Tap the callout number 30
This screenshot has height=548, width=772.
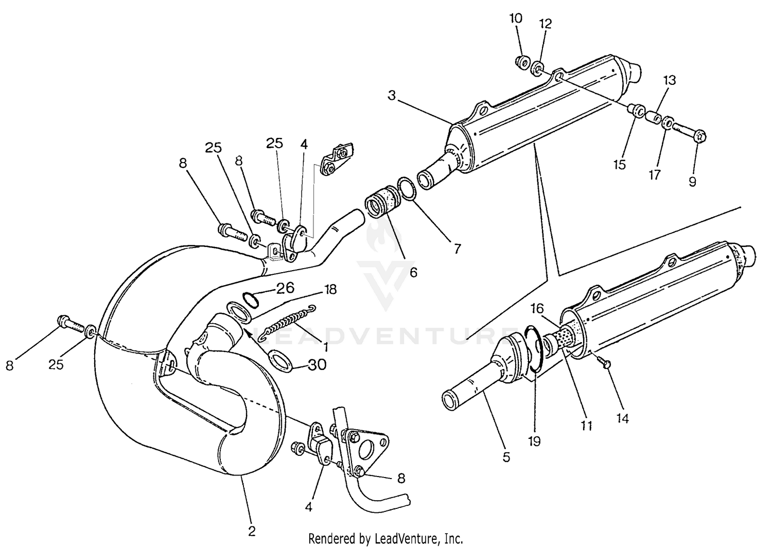[x=317, y=365]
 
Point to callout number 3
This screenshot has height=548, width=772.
[x=392, y=96]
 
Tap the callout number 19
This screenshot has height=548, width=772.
[x=535, y=441]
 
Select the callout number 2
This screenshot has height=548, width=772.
[x=252, y=531]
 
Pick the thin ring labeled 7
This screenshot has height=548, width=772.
[x=406, y=190]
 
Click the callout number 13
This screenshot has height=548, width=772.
[x=669, y=80]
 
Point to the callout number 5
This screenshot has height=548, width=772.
[x=506, y=456]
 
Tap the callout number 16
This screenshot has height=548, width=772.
[x=537, y=308]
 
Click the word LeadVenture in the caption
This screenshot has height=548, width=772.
[x=403, y=539]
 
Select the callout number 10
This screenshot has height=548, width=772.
[x=516, y=19]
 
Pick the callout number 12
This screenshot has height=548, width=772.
[x=545, y=24]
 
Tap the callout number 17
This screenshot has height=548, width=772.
[x=654, y=175]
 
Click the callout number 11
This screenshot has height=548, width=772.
[x=586, y=426]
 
